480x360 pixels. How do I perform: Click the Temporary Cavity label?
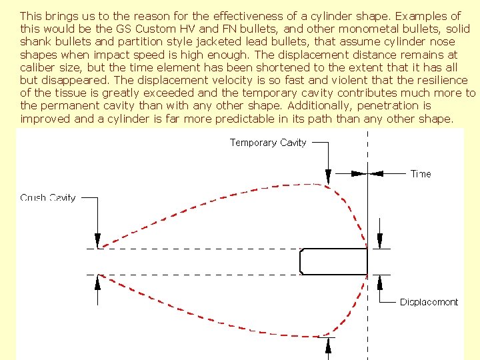click(268, 142)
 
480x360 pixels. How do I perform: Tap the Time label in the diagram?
click(421, 174)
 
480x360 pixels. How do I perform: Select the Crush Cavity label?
click(48, 197)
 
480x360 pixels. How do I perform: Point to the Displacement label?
click(429, 302)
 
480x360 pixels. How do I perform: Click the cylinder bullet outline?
click(333, 261)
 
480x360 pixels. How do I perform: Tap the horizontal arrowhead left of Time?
click(359, 174)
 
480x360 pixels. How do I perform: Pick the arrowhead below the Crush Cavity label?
click(97, 243)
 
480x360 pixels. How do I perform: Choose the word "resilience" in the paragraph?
click(443, 80)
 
